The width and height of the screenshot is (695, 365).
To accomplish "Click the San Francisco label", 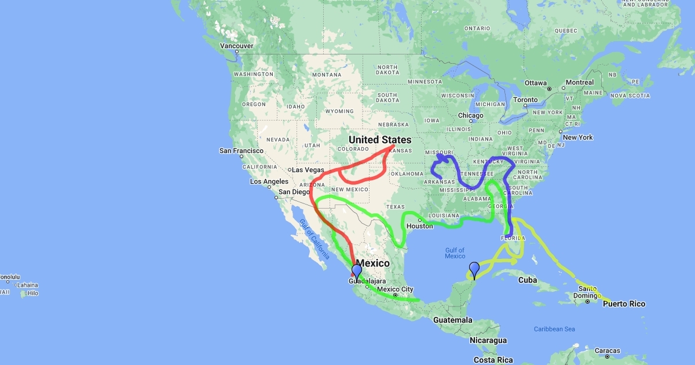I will pos(242,151).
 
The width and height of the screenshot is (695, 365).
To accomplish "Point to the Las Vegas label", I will pos(308,170).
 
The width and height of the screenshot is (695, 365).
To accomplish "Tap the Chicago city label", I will pos(470,115).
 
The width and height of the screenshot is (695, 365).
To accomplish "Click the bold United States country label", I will pos(380,140).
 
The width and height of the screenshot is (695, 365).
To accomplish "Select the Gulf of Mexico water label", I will pos(455,253).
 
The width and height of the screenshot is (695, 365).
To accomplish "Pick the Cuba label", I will pos(528,280).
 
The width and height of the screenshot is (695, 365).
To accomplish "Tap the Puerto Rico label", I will pos(623,304).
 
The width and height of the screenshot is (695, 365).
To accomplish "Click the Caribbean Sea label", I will pos(554,329).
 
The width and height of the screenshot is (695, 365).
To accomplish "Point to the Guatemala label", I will pos(453,320).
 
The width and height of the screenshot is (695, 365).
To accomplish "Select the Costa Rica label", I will pos(493,360).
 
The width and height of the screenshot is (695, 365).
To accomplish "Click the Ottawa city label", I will pos(536,83).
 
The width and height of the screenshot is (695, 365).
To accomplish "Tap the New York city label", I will pos(577,137).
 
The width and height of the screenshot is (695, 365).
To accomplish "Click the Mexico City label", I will pos(395,289).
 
